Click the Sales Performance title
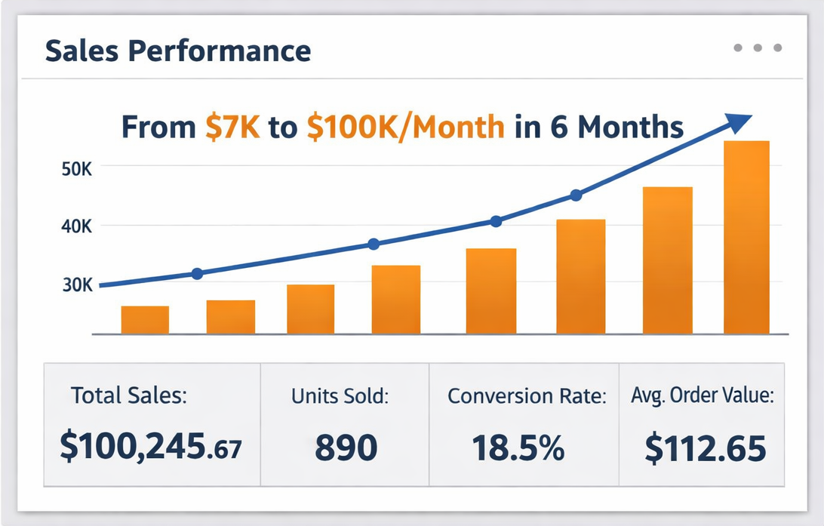tap(177, 51)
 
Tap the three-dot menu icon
tap(758, 48)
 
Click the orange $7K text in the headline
tap(232, 127)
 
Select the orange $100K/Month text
tap(405, 127)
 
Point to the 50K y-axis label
tap(75, 169)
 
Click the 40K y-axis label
tap(75, 226)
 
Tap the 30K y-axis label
tap(75, 285)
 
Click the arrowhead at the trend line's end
tap(739, 122)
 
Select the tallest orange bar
tap(746, 237)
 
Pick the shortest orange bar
tap(145, 320)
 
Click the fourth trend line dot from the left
tap(576, 195)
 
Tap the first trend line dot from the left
tap(198, 274)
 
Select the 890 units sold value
tap(346, 448)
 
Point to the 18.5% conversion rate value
tap(518, 448)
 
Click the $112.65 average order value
tap(706, 448)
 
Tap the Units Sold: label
tap(340, 396)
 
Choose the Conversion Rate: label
tap(527, 396)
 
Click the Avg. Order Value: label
tap(703, 396)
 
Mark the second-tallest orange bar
tap(667, 260)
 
